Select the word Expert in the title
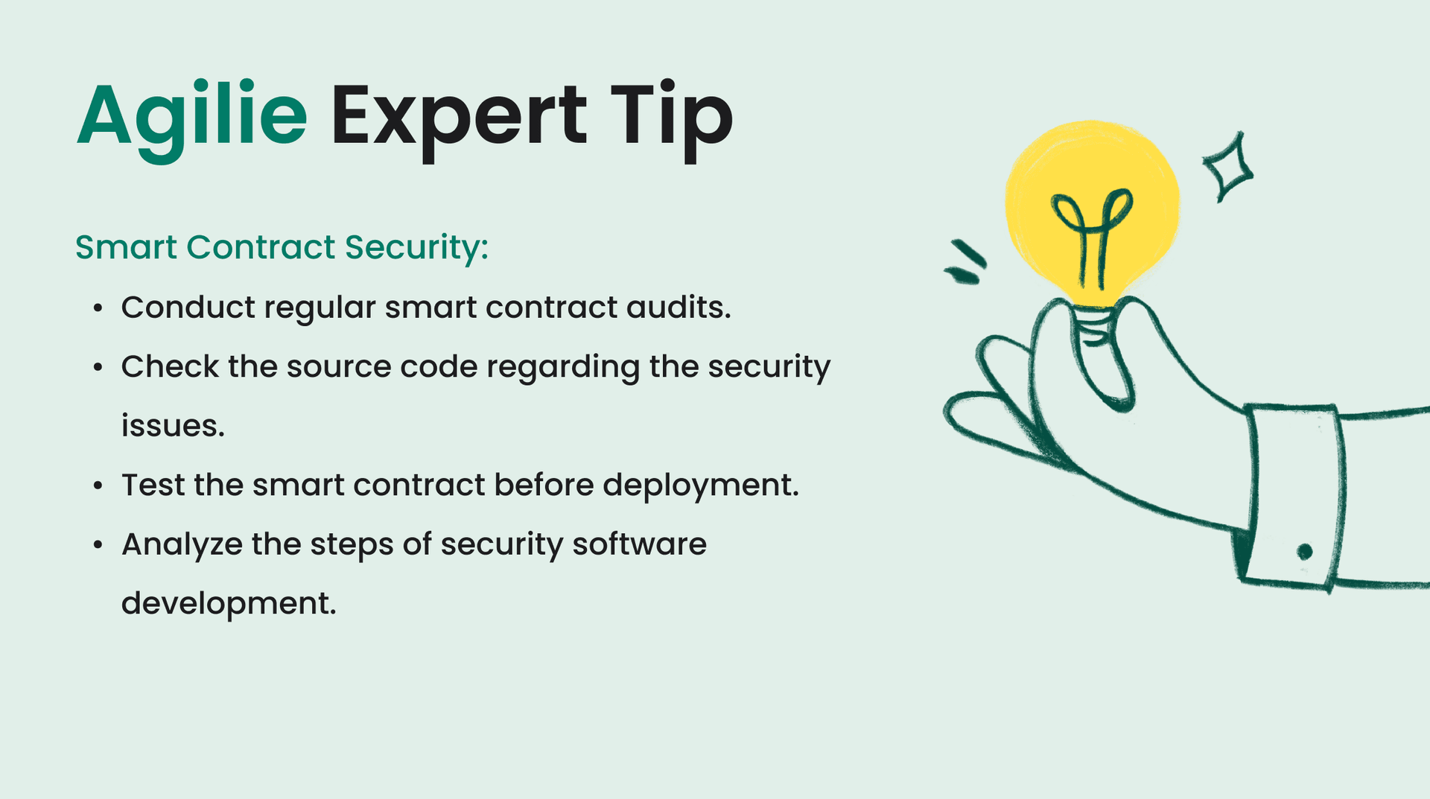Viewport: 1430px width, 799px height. click(x=459, y=118)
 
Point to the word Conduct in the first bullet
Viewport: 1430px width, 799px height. click(x=188, y=308)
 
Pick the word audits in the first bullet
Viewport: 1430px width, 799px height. click(x=678, y=308)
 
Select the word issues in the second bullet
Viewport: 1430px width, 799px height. click(x=172, y=426)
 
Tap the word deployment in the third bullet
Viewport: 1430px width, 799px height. click(x=700, y=486)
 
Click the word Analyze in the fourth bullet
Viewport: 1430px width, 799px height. click(x=182, y=544)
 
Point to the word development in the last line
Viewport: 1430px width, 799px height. click(x=228, y=603)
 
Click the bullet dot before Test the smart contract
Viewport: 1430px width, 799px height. click(x=98, y=486)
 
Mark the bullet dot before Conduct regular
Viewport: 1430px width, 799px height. click(x=98, y=308)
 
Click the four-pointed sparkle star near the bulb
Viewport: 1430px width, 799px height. click(x=1227, y=168)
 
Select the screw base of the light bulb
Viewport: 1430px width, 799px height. click(x=1093, y=326)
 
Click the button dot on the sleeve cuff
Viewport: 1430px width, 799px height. click(x=1304, y=552)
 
